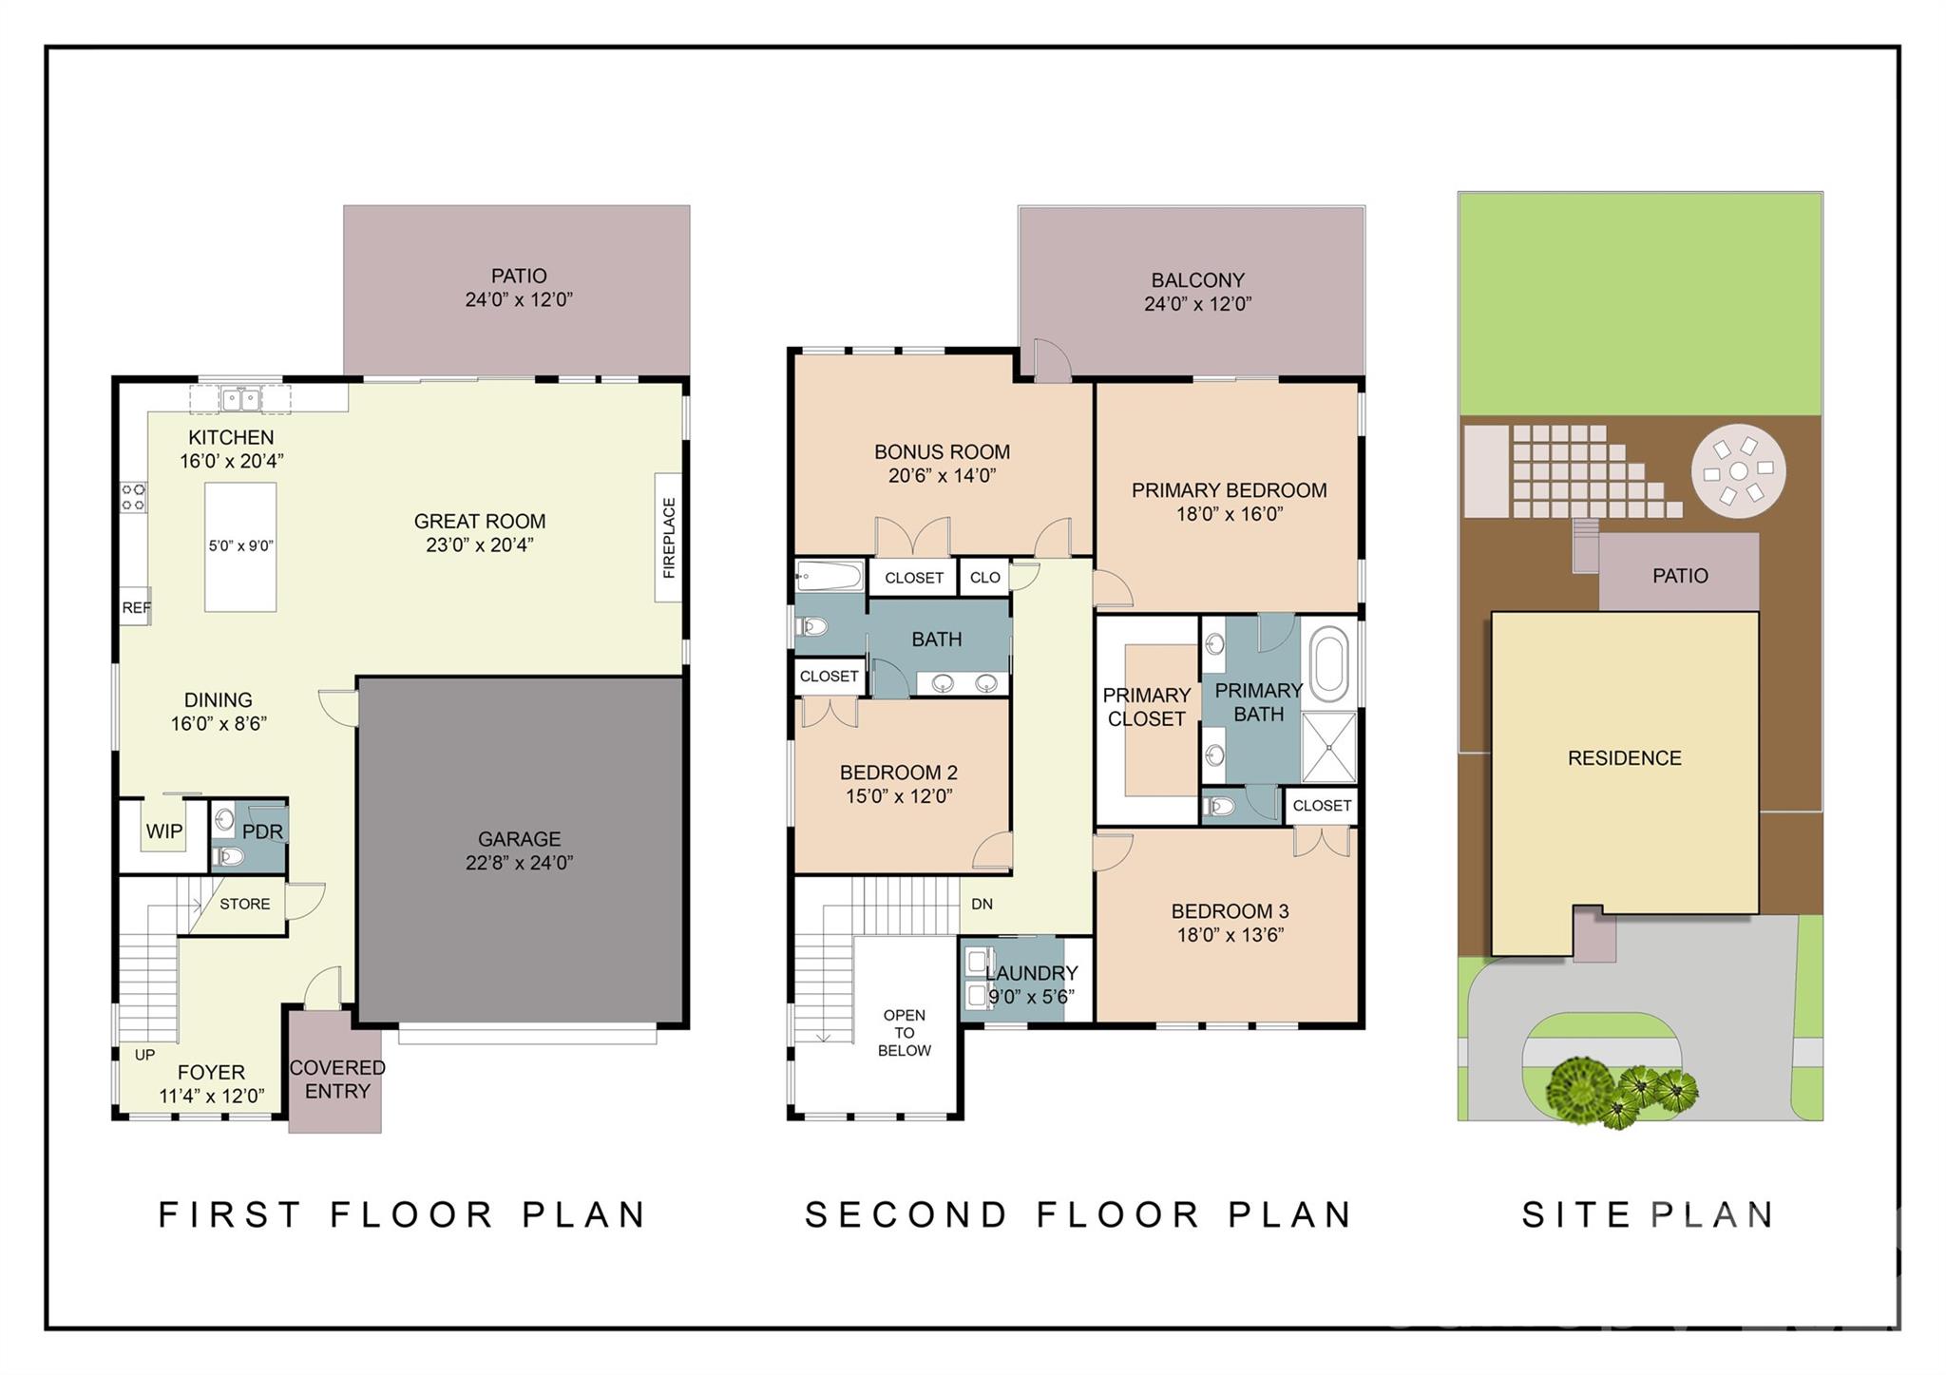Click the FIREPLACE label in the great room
click(x=669, y=538)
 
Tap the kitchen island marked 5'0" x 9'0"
click(x=240, y=546)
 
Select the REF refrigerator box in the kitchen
click(x=135, y=607)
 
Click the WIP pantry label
click(x=163, y=831)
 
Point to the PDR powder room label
click(x=262, y=831)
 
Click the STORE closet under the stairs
click(x=244, y=904)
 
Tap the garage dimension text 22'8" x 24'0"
click(x=519, y=863)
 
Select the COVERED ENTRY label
click(x=337, y=1079)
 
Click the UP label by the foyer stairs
click(x=144, y=1055)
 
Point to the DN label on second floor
click(x=982, y=904)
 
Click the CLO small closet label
click(x=984, y=578)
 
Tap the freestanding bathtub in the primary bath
click(x=1328, y=662)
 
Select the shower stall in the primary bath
click(x=1327, y=747)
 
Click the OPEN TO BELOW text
click(x=904, y=1033)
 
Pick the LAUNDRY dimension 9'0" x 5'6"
click(x=1031, y=997)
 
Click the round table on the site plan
click(x=1738, y=471)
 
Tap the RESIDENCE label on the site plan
click(x=1624, y=758)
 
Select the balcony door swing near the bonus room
click(x=1053, y=361)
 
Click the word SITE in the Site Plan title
click(x=1575, y=1215)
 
